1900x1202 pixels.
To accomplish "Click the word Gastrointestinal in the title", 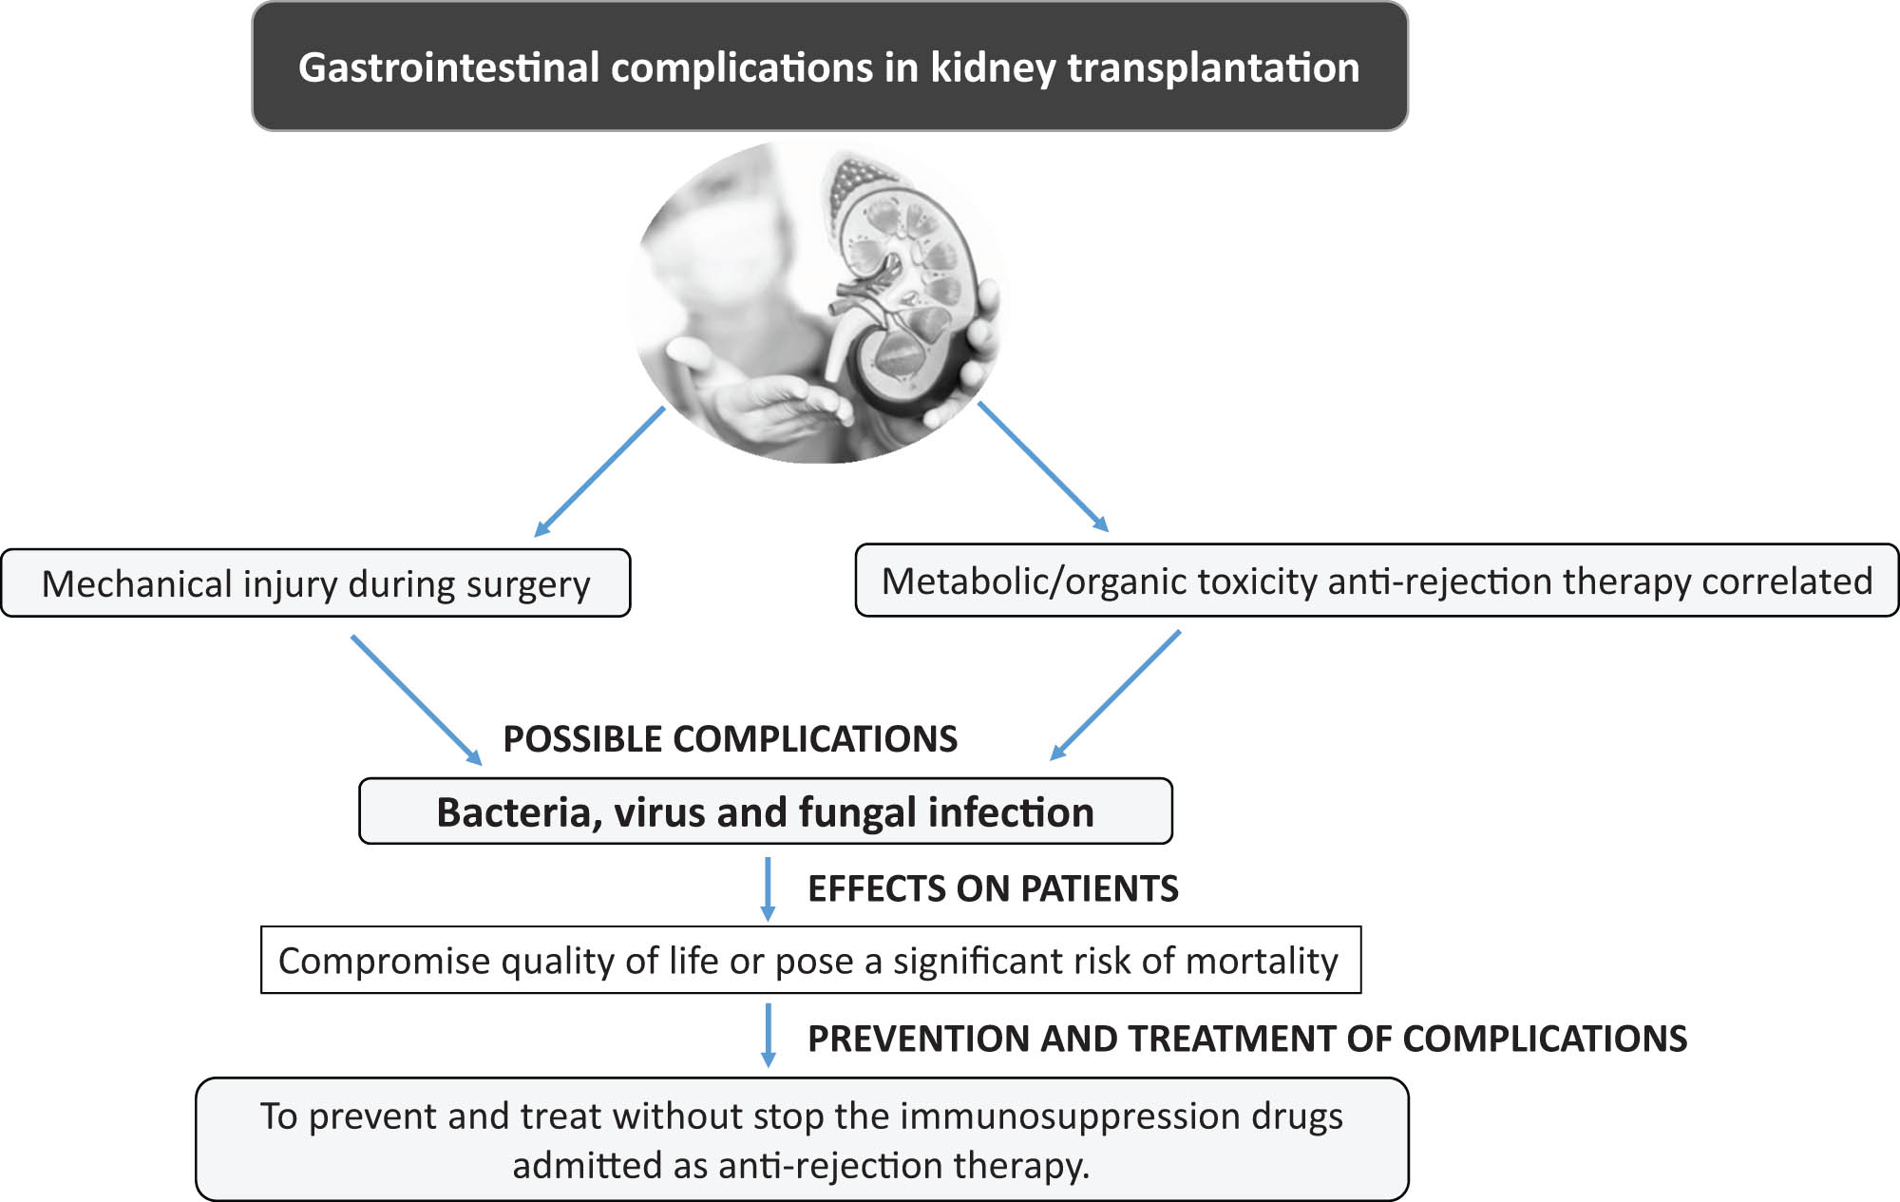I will [x=448, y=67].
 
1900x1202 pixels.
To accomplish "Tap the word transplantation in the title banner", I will [x=1213, y=67].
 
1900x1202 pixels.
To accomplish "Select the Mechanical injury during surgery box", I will [x=315, y=583].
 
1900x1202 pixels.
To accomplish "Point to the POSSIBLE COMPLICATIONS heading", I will [x=730, y=739].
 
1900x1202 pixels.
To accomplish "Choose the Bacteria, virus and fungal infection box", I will [x=765, y=812].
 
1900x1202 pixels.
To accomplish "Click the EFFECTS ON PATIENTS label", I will [x=993, y=888].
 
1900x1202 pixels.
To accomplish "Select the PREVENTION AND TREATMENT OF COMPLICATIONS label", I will [x=1246, y=1039].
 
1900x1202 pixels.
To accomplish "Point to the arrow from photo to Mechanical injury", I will [x=600, y=471].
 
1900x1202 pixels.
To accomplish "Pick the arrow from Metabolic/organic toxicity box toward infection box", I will [x=1115, y=696].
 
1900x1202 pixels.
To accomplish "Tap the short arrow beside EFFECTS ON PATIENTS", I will [x=768, y=889].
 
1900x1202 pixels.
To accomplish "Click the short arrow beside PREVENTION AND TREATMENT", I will [x=769, y=1036].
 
